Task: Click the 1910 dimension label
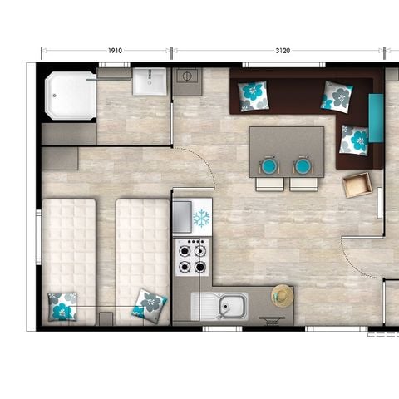pos(115,51)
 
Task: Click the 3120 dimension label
pos(283,51)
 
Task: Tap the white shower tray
pos(71,96)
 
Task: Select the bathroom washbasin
pos(150,81)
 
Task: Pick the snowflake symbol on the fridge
pos(201,219)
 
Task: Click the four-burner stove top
pos(192,257)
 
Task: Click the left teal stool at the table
pos(269,166)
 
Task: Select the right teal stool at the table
pos(302,166)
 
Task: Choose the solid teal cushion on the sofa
pos(375,117)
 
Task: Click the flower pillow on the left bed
pos(62,306)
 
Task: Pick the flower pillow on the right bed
pos(149,305)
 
